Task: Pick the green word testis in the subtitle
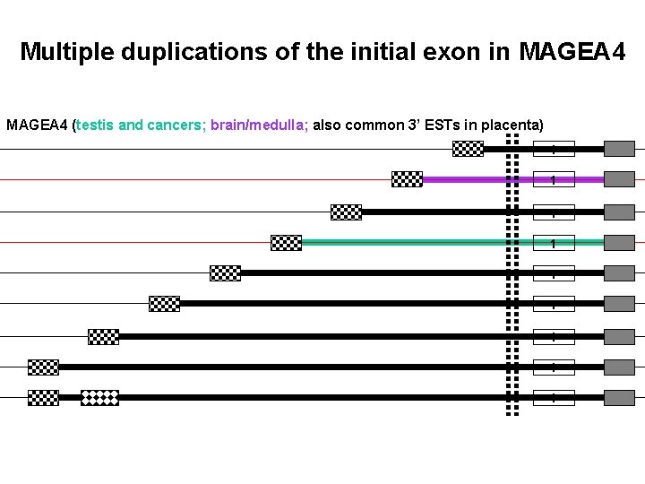(96, 125)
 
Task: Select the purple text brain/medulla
(259, 125)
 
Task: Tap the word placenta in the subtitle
(508, 125)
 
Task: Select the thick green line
(403, 242)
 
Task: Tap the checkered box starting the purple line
(408, 179)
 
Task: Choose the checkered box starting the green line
(286, 242)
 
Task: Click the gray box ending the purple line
(619, 179)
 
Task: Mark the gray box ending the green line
(619, 242)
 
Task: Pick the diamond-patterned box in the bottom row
(99, 397)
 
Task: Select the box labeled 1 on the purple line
(554, 179)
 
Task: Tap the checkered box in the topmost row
(468, 149)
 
